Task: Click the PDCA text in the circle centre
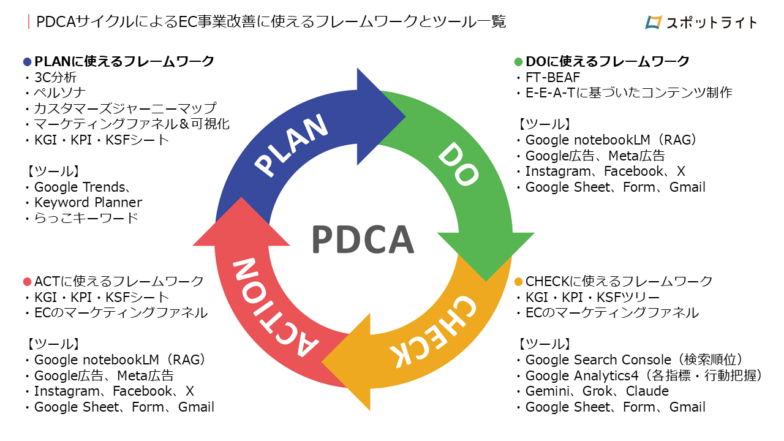(363, 239)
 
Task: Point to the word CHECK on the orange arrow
(431, 331)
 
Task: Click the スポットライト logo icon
(654, 22)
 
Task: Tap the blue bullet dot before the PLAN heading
(27, 62)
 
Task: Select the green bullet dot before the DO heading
(518, 62)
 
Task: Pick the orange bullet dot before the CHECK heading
(518, 282)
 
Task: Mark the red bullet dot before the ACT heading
(27, 282)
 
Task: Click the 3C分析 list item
(55, 77)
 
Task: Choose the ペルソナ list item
(59, 93)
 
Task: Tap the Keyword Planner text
(88, 203)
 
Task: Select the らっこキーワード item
(86, 218)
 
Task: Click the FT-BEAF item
(552, 77)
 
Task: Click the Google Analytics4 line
(643, 375)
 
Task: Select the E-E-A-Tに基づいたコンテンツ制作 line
(628, 93)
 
